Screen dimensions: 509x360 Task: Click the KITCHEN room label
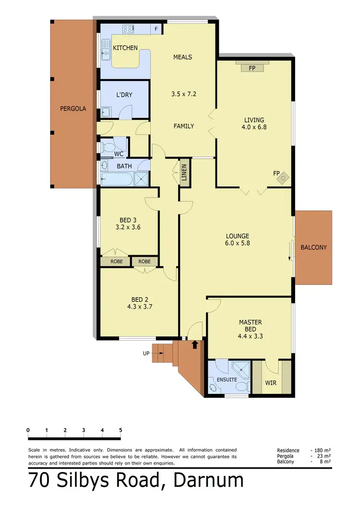pyautogui.click(x=125, y=48)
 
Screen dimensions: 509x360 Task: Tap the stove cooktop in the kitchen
pyautogui.click(x=129, y=29)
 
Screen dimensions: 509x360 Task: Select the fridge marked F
pyautogui.click(x=156, y=29)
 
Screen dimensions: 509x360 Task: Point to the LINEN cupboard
pyautogui.click(x=184, y=172)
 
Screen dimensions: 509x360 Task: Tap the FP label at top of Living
pyautogui.click(x=252, y=69)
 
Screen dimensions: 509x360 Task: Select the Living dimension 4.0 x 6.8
pyautogui.click(x=254, y=128)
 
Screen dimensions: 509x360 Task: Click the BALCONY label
pyautogui.click(x=313, y=248)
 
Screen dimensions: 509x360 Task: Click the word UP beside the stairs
pyautogui.click(x=146, y=354)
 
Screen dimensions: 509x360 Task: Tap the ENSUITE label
pyautogui.click(x=227, y=379)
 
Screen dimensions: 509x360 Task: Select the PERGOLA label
pyautogui.click(x=73, y=109)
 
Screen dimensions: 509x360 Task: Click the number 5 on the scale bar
pyautogui.click(x=120, y=430)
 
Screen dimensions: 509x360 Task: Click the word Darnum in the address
pyautogui.click(x=209, y=481)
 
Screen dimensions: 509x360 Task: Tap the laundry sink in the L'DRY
pyautogui.click(x=106, y=113)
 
